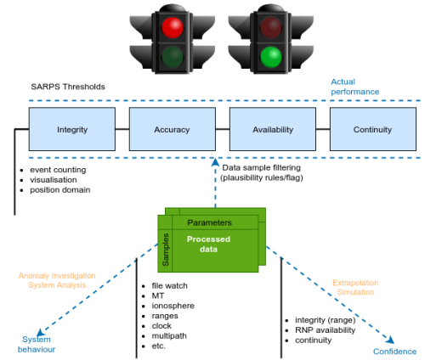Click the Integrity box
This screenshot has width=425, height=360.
coord(71,130)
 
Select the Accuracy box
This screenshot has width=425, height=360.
coord(172,130)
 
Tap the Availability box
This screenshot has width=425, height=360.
coord(272,130)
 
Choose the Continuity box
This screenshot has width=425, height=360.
coord(372,130)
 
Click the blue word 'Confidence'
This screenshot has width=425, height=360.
coord(394,352)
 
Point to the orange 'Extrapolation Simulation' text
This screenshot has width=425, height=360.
coord(354,288)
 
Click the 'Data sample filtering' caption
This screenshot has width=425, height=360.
coord(262,168)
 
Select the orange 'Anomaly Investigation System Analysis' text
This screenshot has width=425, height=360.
coord(57,279)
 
